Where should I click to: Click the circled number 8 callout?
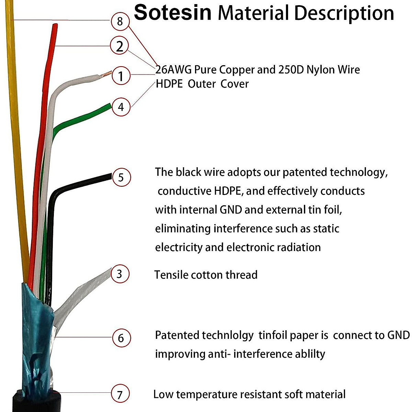pos(120,21)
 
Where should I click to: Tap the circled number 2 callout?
pos(119,46)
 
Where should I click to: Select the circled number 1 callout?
pos(121,76)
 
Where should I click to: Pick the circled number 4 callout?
pos(121,107)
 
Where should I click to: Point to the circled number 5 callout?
pos(121,177)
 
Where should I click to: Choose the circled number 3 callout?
pos(119,274)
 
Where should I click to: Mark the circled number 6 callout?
pos(121,338)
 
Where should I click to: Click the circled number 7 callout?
pos(120,394)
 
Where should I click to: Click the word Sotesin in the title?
pos(173,13)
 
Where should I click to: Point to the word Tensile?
pos(171,275)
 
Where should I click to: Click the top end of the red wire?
pos(55,25)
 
